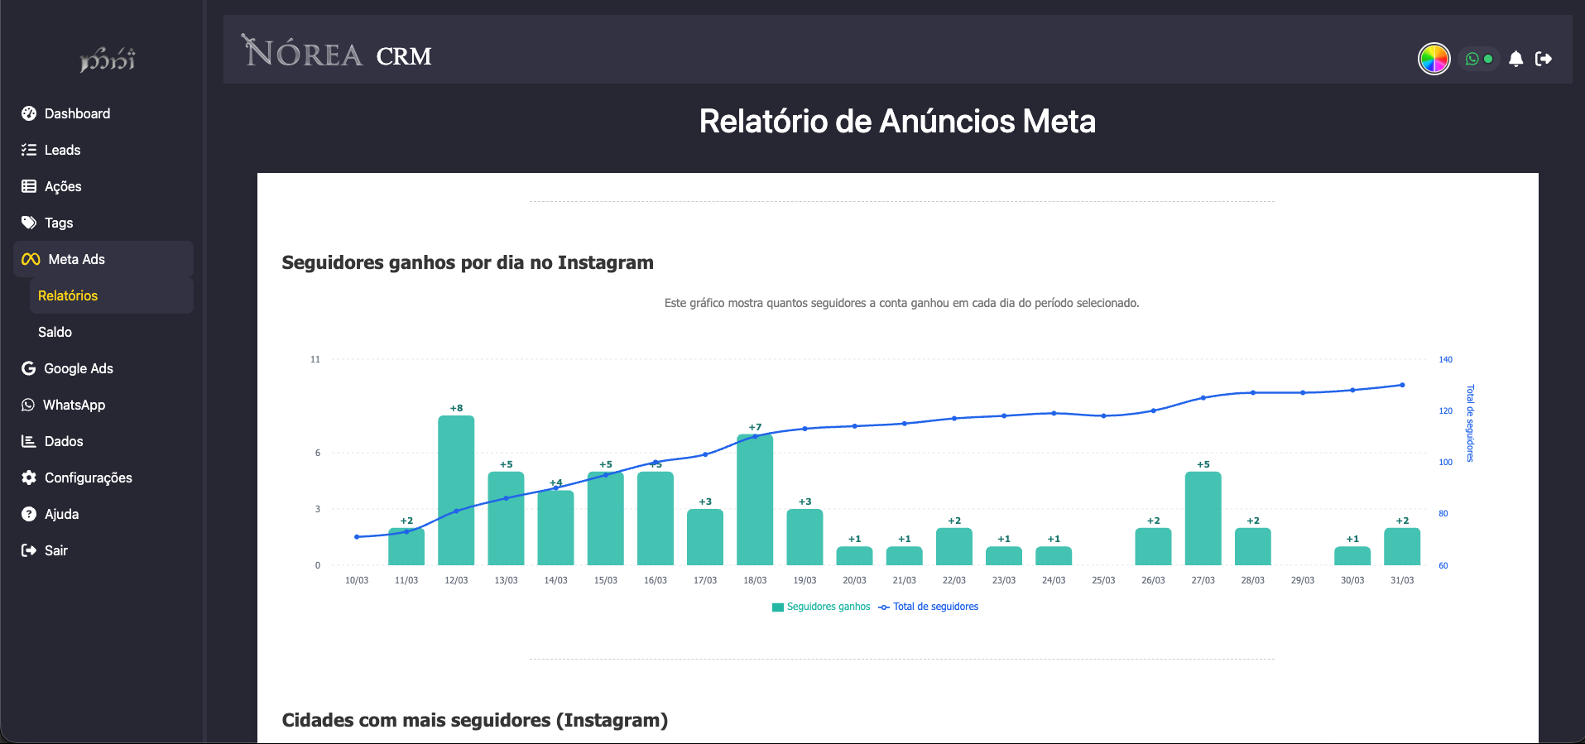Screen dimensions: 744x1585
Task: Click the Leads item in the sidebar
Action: pos(62,150)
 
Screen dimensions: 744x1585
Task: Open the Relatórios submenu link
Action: pos(68,295)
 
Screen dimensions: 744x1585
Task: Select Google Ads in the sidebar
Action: pos(78,368)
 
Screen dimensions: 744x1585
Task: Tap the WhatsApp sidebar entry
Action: pos(74,405)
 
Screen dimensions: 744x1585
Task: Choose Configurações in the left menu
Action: pos(88,478)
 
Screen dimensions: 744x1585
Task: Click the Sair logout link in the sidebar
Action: pos(55,550)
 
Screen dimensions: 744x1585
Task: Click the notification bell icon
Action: pos(1515,59)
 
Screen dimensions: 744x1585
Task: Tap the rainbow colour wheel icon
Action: pos(1434,59)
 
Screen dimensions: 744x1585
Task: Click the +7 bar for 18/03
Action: pos(755,500)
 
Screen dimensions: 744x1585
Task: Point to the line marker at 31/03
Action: pos(1402,385)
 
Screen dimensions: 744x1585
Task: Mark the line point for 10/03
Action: pos(357,537)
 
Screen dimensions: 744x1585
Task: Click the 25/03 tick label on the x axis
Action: pos(1103,580)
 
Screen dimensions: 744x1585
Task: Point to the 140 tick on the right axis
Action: pos(1445,360)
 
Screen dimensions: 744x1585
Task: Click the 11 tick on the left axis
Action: pos(315,360)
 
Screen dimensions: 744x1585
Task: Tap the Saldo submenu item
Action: pos(55,332)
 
